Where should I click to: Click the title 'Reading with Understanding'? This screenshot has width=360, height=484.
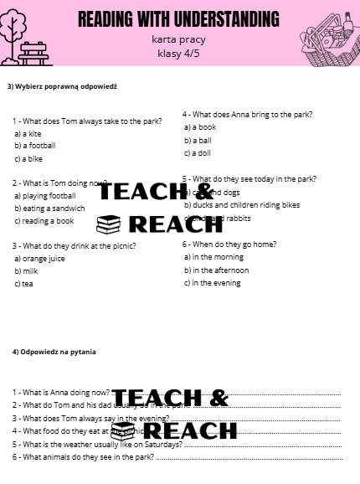179,18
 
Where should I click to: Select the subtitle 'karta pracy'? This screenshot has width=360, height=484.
179,39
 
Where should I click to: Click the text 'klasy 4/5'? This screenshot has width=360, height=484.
179,54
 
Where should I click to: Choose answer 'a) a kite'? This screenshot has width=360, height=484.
28,133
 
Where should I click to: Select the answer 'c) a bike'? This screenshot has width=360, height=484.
28,158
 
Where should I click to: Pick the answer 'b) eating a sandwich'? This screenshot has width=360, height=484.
49,208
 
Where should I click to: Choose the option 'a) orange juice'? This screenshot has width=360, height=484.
39,259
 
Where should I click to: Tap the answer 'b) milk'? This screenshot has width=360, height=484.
27,271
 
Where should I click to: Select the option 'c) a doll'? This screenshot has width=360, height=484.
198,153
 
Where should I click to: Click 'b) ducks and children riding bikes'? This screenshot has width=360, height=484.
241,204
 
